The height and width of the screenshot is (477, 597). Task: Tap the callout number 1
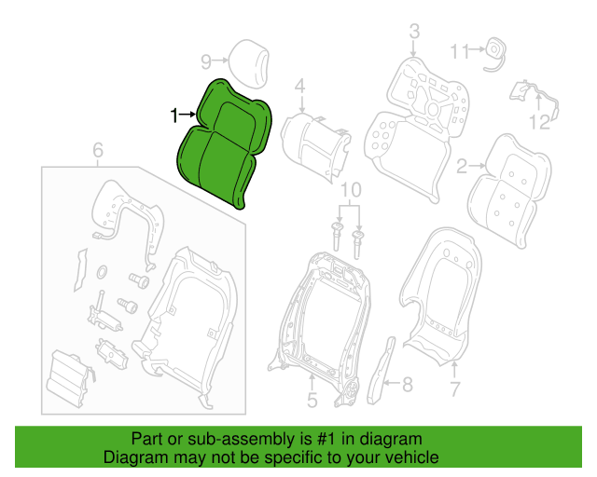[x=174, y=116]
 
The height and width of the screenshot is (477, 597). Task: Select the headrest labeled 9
[x=249, y=62]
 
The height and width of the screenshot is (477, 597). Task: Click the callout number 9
[x=206, y=61]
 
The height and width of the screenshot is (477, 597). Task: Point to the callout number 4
[x=300, y=86]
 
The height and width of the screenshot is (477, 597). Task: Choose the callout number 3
[x=414, y=31]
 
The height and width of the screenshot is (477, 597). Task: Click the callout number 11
[x=459, y=51]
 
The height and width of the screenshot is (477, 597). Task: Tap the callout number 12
[x=539, y=122]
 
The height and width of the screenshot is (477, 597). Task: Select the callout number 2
[x=462, y=166]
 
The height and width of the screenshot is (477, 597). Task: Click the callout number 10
[x=351, y=190]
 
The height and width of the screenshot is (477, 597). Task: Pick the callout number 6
[x=98, y=150]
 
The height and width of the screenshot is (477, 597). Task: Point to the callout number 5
[x=312, y=401]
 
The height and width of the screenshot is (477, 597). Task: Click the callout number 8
[x=408, y=385]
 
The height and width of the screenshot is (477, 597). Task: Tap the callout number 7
[x=455, y=389]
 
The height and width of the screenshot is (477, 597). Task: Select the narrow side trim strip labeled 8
[x=381, y=371]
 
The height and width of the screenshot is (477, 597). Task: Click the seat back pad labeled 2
[x=510, y=190]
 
